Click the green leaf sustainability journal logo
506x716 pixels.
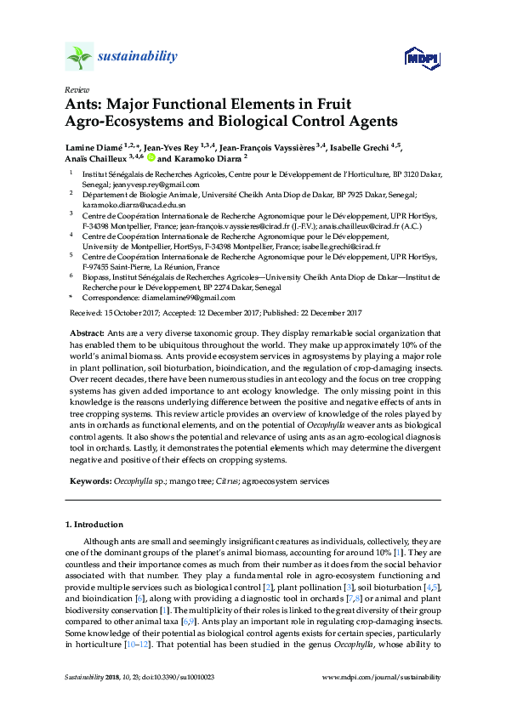coord(79,57)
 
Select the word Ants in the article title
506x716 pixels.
coord(84,105)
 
